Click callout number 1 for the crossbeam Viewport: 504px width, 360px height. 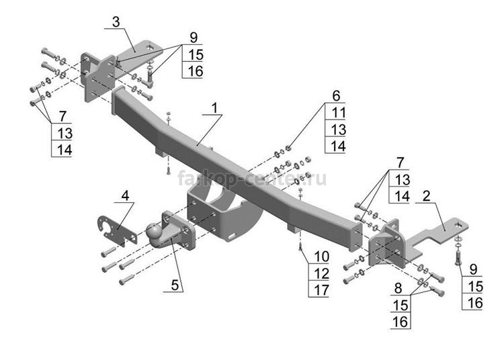pyautogui.click(x=214, y=107)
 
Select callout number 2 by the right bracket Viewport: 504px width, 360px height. pyautogui.click(x=426, y=196)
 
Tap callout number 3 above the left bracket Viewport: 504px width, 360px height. pyautogui.click(x=116, y=22)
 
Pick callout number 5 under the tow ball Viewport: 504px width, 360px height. pyautogui.click(x=175, y=284)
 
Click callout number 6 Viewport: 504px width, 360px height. pyautogui.click(x=336, y=95)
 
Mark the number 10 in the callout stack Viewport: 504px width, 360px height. pyautogui.click(x=319, y=256)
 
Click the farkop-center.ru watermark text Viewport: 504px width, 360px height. pyautogui.click(x=252, y=179)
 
